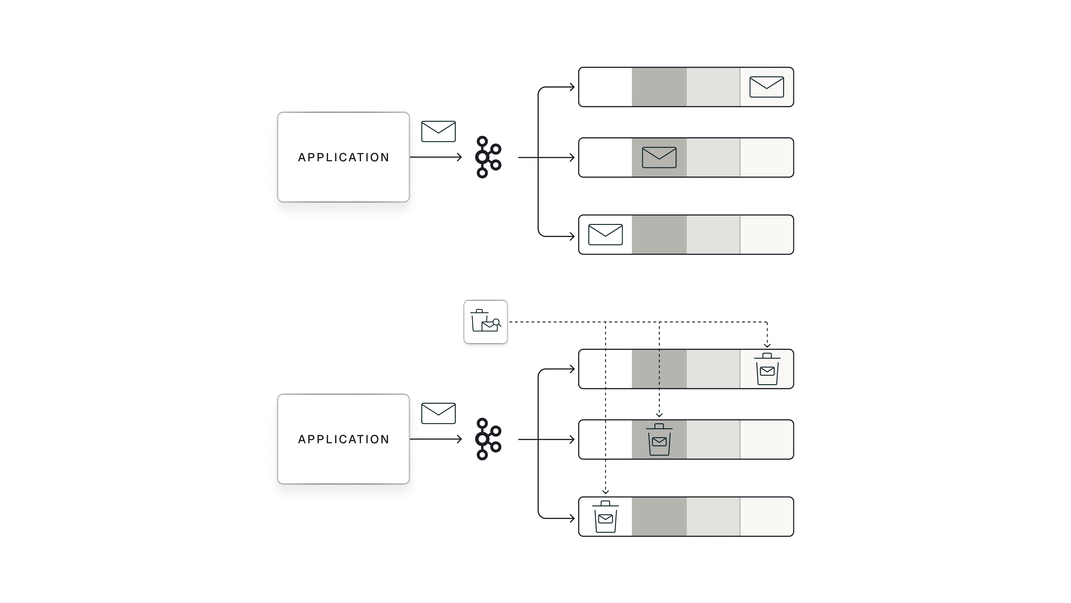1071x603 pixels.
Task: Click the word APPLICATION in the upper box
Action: (344, 157)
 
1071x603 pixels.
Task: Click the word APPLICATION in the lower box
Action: (344, 439)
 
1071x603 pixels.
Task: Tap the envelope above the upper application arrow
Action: (438, 131)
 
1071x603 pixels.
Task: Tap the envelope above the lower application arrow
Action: (438, 413)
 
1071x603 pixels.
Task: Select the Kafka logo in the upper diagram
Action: (488, 157)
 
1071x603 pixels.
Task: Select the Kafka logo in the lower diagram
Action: (488, 439)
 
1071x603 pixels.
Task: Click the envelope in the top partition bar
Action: (766, 87)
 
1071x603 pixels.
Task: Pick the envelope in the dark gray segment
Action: (659, 157)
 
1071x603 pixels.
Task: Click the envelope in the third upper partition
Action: (605, 235)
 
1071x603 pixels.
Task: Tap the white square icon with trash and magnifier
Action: (485, 322)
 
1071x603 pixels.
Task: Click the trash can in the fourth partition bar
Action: (767, 369)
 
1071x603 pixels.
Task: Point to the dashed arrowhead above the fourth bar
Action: (767, 345)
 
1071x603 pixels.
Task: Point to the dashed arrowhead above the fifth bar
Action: (659, 415)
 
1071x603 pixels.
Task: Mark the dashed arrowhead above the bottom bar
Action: (605, 492)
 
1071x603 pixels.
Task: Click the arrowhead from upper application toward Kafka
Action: (460, 157)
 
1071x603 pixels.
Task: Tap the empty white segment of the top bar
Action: (605, 87)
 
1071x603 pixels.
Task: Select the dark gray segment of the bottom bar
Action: (659, 516)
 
